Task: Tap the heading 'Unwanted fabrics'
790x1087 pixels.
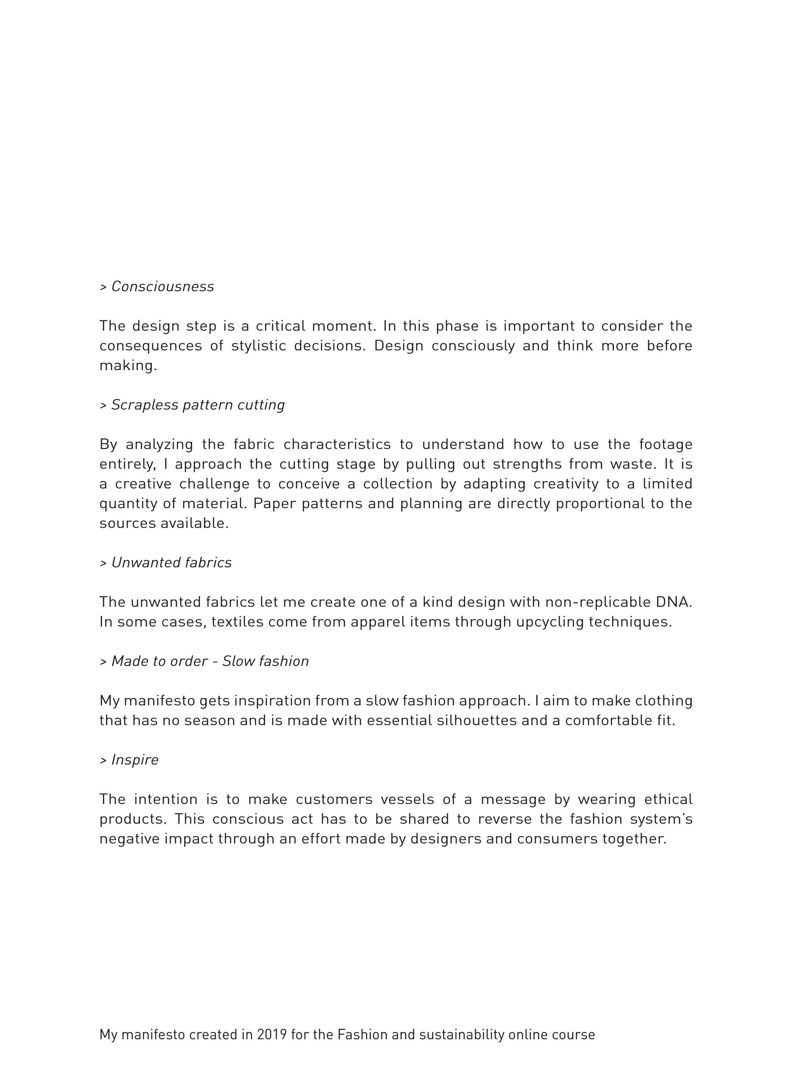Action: coord(171,563)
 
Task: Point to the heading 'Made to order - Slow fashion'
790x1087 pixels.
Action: coord(210,661)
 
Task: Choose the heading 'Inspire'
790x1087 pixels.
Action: coord(135,760)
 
